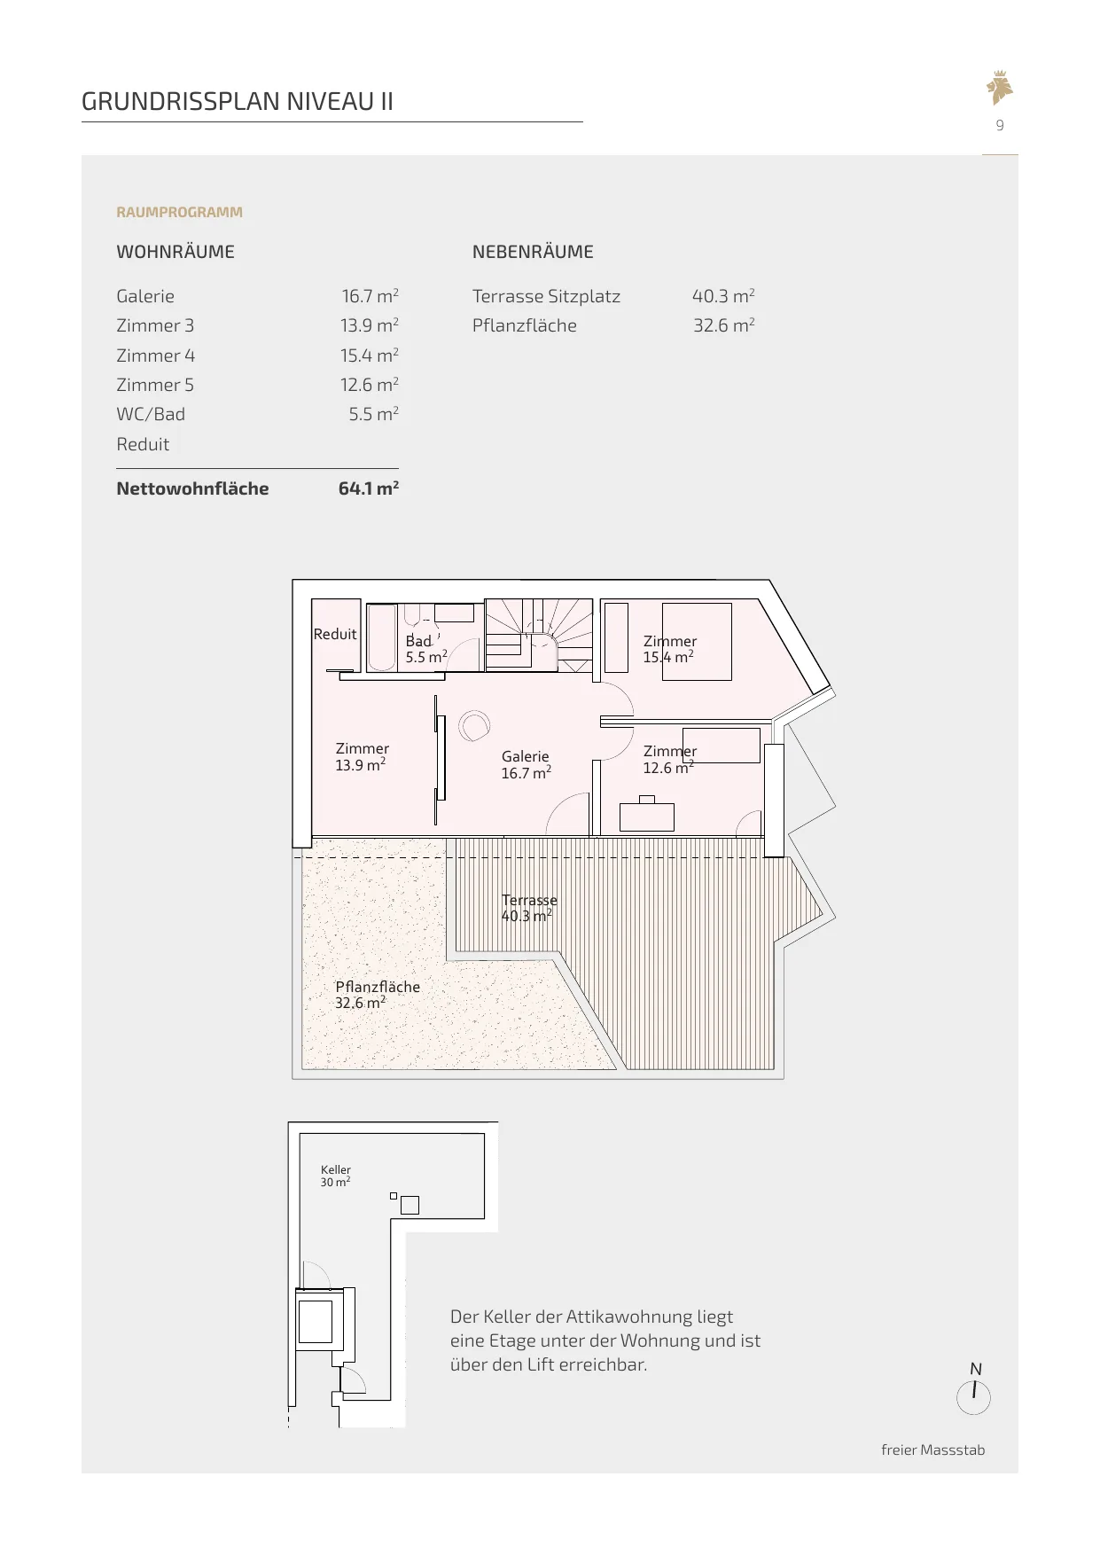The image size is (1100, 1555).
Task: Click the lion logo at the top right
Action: click(1000, 87)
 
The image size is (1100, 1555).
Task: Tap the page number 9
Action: click(1000, 125)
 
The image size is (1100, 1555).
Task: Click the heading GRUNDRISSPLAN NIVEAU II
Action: click(238, 101)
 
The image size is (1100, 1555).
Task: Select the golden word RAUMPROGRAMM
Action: click(179, 212)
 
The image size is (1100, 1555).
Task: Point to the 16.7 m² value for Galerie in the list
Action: click(371, 296)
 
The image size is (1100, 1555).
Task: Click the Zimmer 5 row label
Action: click(155, 385)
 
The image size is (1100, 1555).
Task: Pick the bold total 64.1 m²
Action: click(369, 488)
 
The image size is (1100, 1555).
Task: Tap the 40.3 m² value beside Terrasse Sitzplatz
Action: click(723, 296)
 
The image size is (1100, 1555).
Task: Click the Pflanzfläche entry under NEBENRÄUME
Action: click(525, 325)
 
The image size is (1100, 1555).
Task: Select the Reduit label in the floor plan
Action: click(335, 634)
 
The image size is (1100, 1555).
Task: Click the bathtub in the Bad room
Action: click(382, 637)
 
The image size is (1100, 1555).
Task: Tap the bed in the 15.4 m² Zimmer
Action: click(697, 641)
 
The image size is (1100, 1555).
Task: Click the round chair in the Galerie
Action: click(473, 726)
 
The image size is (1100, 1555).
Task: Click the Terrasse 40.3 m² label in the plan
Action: click(529, 908)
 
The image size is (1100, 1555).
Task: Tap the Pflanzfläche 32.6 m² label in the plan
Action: click(378, 995)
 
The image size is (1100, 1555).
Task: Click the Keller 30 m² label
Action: click(336, 1176)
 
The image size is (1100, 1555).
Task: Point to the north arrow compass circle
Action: click(974, 1398)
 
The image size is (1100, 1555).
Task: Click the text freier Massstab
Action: click(933, 1450)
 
